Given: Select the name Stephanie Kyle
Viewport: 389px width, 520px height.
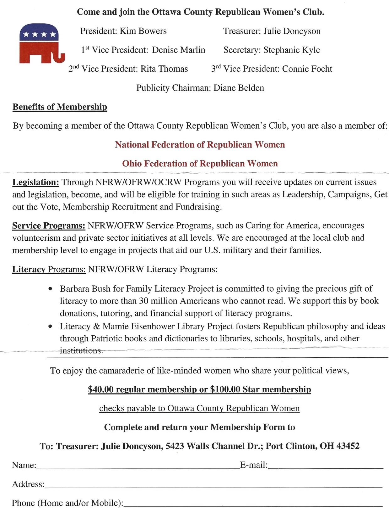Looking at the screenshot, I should [292, 50].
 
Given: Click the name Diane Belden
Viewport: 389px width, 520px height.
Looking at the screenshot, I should [239, 88].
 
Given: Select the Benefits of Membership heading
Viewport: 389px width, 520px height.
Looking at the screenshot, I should [60, 107].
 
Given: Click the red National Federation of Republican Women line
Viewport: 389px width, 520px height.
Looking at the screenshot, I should [200, 145].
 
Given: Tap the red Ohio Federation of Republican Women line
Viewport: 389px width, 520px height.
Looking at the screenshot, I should [200, 164].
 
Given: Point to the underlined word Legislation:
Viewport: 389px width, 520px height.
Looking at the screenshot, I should [36, 182].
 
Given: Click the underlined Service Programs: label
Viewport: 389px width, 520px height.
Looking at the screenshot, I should [49, 226].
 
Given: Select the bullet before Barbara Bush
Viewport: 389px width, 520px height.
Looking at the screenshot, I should [50, 288].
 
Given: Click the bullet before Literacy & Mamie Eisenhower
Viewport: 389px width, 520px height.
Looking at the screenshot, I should [50, 326].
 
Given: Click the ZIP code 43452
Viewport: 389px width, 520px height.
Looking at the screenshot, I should [348, 446].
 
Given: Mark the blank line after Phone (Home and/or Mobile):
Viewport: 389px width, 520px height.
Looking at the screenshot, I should [253, 505].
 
